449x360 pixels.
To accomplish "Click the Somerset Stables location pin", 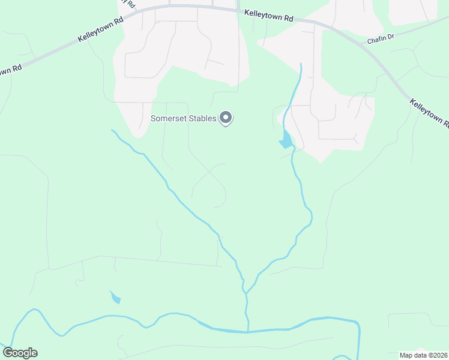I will (226, 118).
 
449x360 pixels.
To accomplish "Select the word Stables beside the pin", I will (200, 118).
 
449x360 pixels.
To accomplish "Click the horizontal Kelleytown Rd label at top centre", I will (268, 16).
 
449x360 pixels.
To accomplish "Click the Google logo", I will (20, 352).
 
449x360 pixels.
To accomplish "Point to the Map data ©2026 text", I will (423, 355).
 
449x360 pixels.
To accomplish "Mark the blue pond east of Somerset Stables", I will (286, 142).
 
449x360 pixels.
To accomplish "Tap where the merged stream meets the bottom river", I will (247, 331).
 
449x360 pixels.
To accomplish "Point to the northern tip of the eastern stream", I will (300, 64).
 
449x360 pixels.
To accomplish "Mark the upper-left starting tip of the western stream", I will (112, 130).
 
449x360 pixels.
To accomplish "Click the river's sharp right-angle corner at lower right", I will (358, 325).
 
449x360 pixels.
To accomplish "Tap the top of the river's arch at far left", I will (34, 310).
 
